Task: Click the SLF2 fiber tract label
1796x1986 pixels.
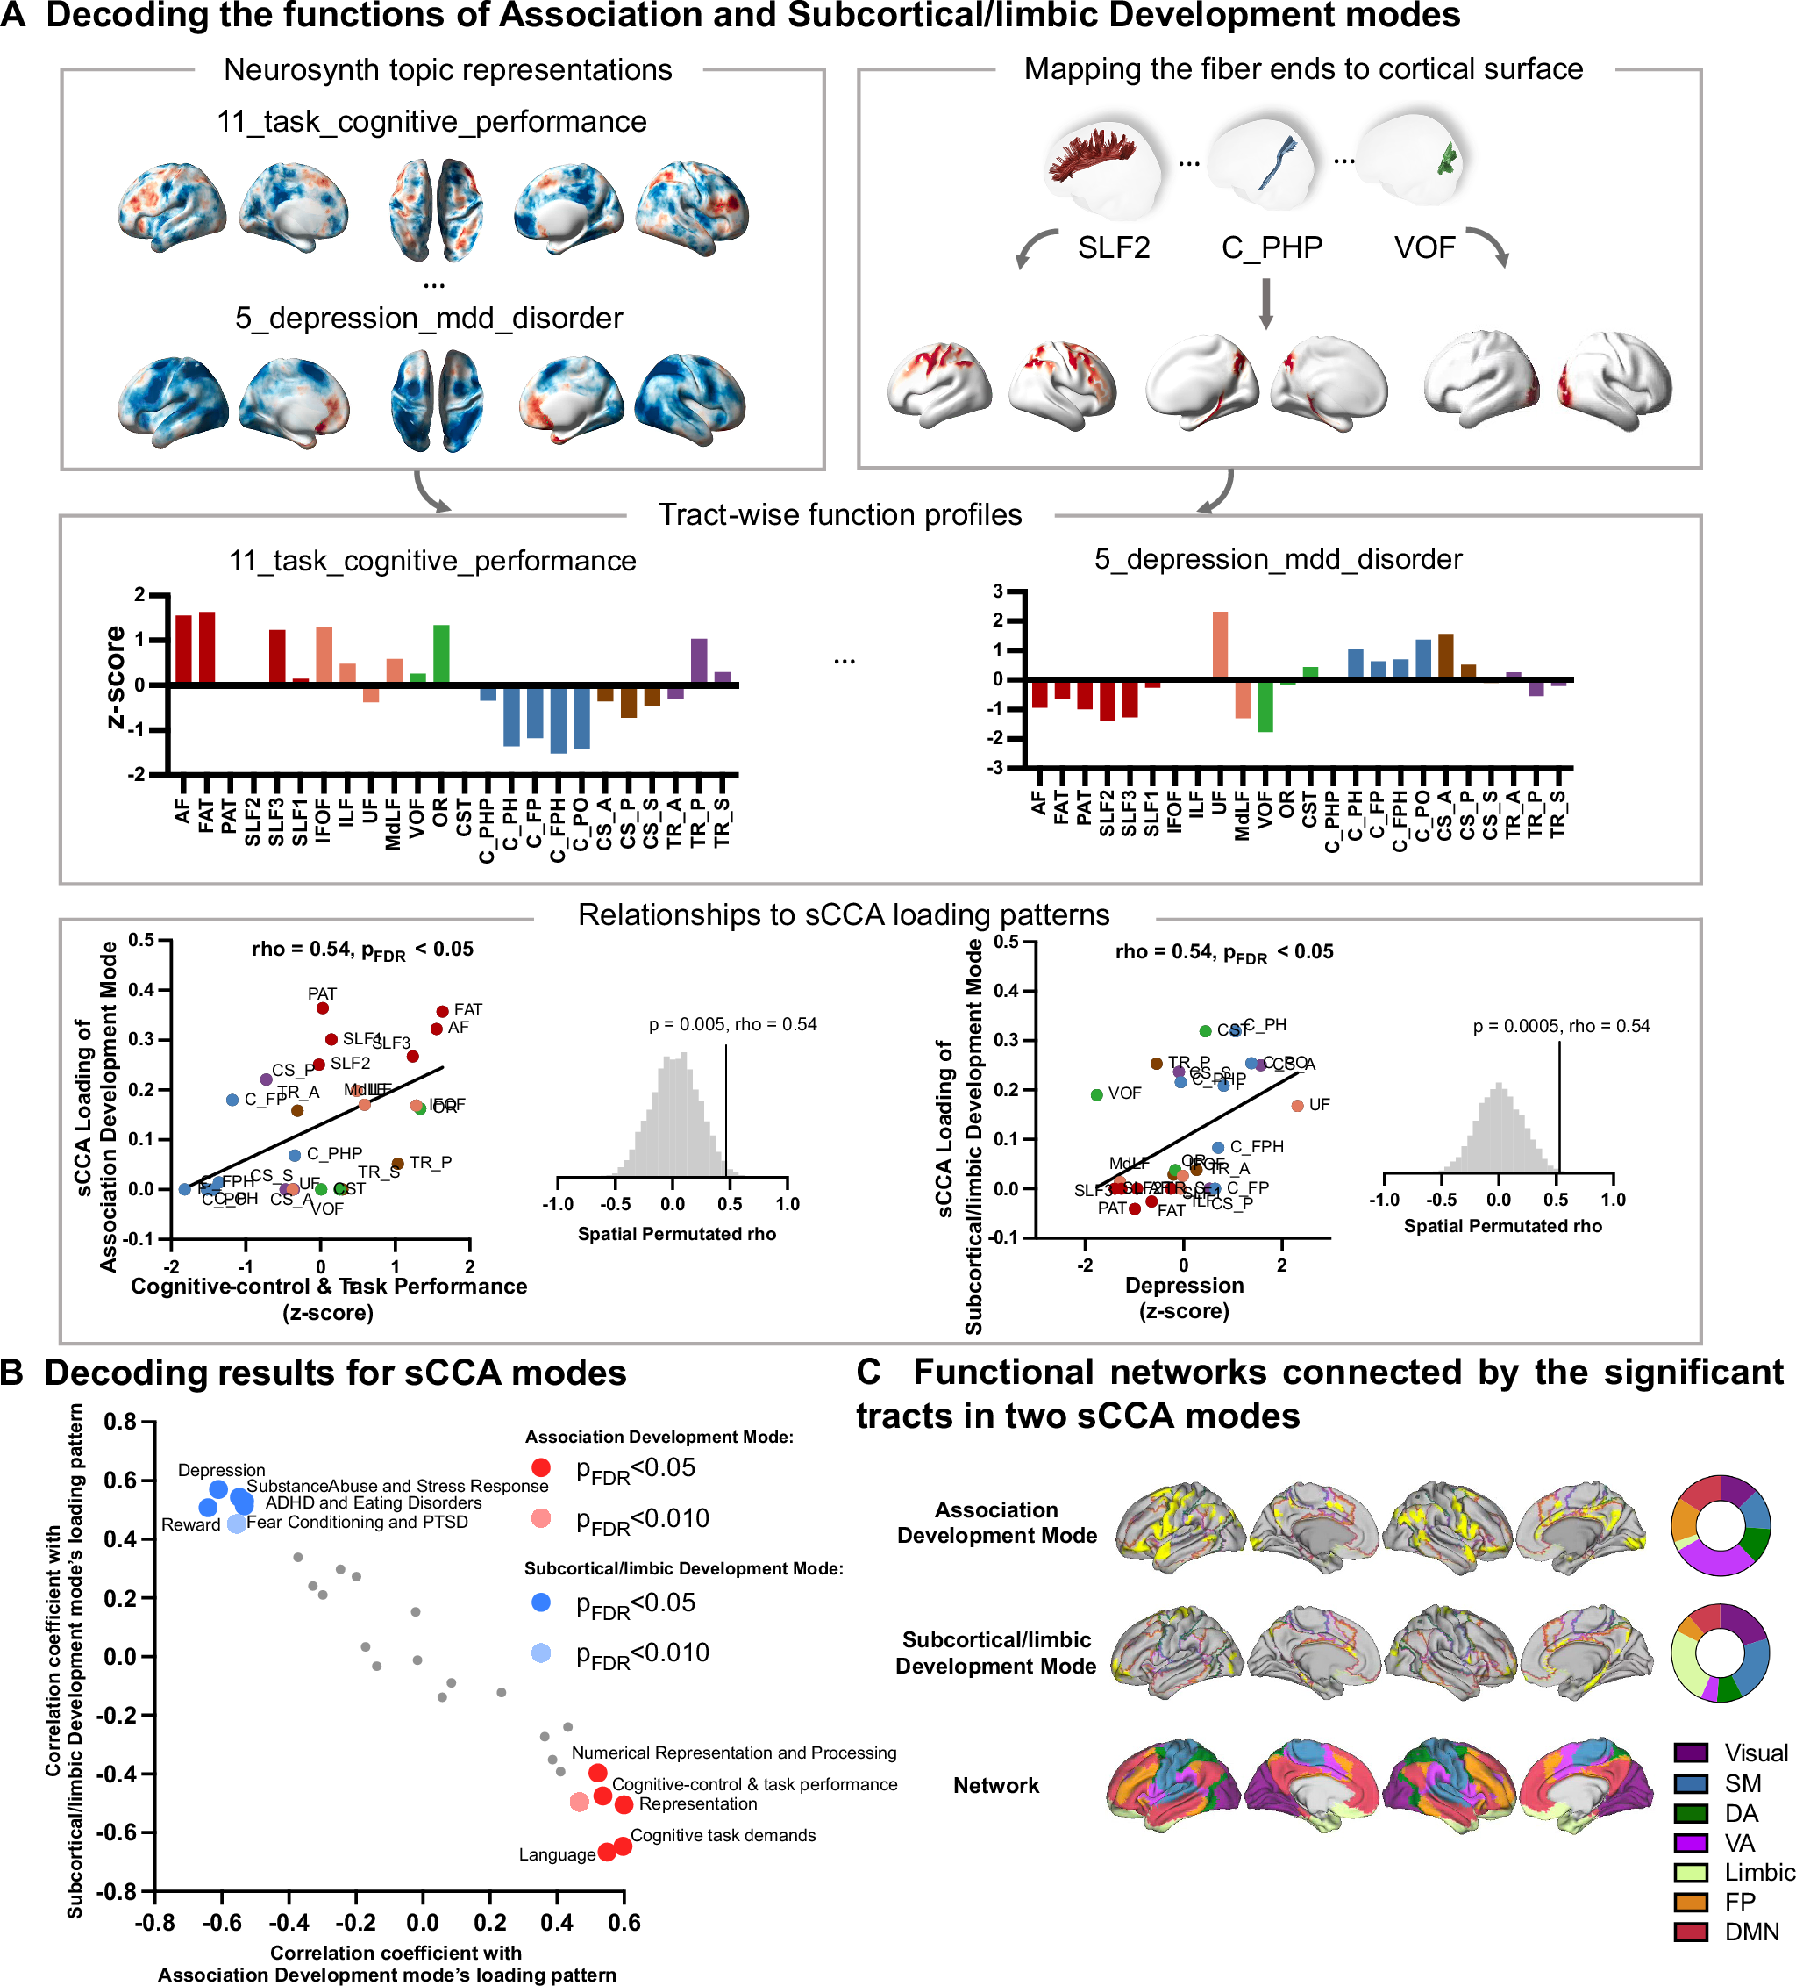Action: pos(1113,247)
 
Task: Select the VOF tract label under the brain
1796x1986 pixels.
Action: pos(1424,247)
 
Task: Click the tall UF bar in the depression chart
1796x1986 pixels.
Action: pos(1220,644)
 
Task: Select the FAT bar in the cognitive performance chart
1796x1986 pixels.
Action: pos(207,647)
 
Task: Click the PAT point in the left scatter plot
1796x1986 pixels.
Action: pos(322,1007)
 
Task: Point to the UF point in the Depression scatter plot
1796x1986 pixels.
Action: pos(1297,1105)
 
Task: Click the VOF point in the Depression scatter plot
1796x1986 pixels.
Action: pos(1096,1094)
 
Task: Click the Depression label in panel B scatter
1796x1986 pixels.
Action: pos(222,1470)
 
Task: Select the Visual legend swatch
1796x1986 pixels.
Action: pos(1690,1753)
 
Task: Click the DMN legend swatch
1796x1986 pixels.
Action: pos(1690,1932)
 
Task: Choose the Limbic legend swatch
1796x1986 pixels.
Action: pos(1690,1872)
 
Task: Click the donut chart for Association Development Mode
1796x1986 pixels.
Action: pos(1721,1525)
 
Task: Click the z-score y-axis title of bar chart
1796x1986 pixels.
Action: pos(115,677)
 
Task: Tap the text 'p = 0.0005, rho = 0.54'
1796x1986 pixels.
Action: pos(1561,1026)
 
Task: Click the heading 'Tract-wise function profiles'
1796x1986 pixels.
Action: pos(839,514)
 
